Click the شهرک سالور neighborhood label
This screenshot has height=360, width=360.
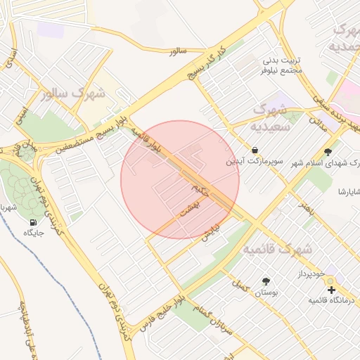click(x=73, y=93)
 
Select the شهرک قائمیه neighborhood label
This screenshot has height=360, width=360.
click(x=278, y=250)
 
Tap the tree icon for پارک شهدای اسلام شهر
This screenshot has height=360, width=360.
click(x=328, y=152)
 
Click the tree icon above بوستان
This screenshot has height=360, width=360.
click(x=266, y=281)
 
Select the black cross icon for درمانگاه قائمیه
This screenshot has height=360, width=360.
click(x=330, y=289)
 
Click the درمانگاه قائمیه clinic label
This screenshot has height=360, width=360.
click(x=330, y=300)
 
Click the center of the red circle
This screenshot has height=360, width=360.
click(x=180, y=179)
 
